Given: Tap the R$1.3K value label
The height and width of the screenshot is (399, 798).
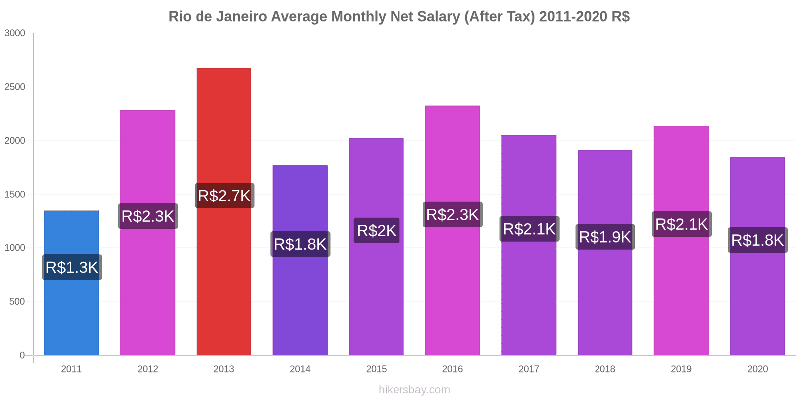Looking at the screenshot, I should (x=72, y=267).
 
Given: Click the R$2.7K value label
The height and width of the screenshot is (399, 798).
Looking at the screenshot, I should (x=224, y=196).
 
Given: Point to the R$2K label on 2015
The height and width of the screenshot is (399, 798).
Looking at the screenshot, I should (x=377, y=231).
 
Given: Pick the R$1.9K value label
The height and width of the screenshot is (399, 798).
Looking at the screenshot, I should (x=605, y=237).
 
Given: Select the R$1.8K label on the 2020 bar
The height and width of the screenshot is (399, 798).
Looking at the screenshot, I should (x=757, y=240).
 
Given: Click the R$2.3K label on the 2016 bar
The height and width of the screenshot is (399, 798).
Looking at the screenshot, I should (x=452, y=215).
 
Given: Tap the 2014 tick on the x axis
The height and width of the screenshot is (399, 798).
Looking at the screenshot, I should (x=300, y=369).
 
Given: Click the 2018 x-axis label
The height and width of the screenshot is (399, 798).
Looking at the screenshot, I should (x=604, y=369).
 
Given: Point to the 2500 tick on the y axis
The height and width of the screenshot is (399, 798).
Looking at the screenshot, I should (x=15, y=87).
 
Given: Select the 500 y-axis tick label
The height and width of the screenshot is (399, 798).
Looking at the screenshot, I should (x=17, y=302).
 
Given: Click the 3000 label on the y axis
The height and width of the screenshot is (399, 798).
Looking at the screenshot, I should (x=15, y=33).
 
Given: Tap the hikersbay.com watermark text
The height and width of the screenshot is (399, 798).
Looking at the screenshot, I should (x=414, y=390).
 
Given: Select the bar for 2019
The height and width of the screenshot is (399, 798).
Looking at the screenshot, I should (x=681, y=299).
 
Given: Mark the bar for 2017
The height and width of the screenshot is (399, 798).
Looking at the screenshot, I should (x=529, y=299).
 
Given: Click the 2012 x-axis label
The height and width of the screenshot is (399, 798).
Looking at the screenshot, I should (x=148, y=369).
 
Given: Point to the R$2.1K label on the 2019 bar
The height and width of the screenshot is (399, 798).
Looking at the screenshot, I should (x=681, y=224).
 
